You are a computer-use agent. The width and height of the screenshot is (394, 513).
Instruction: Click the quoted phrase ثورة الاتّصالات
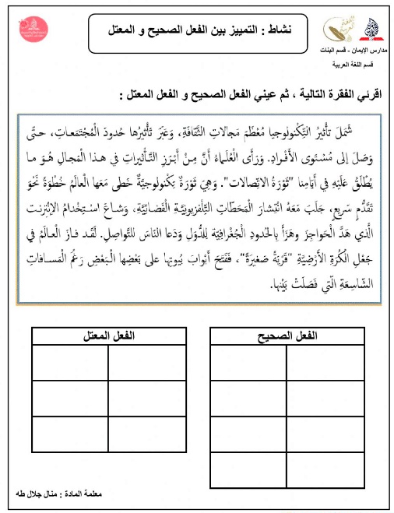click(x=238, y=164)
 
